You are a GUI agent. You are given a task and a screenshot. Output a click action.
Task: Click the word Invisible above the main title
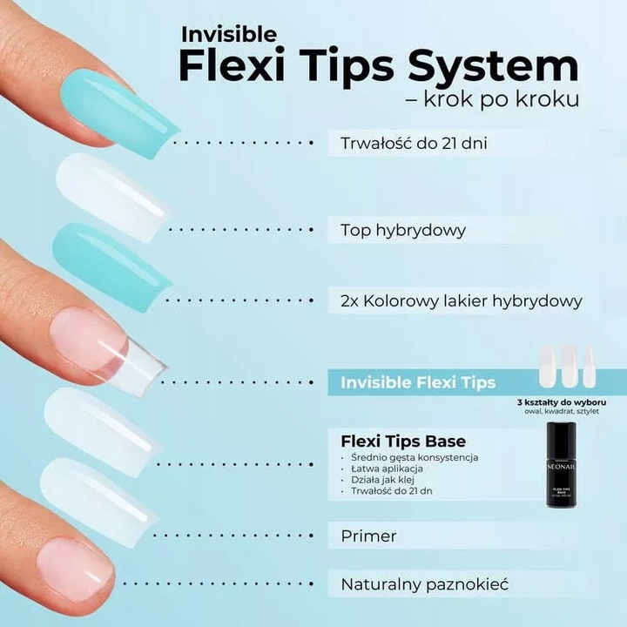[x=229, y=34]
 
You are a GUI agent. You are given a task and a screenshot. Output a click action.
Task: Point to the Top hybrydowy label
[x=402, y=231]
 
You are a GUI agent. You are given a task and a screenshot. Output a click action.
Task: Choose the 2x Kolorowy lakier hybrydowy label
[x=462, y=300]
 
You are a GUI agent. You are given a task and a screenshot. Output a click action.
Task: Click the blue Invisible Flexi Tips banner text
[x=418, y=382]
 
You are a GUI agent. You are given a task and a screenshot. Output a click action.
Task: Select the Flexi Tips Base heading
[x=402, y=441]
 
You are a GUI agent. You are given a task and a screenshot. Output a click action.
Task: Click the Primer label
[x=368, y=536]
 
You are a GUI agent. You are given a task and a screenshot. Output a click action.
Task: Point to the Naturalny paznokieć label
[x=424, y=583]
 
